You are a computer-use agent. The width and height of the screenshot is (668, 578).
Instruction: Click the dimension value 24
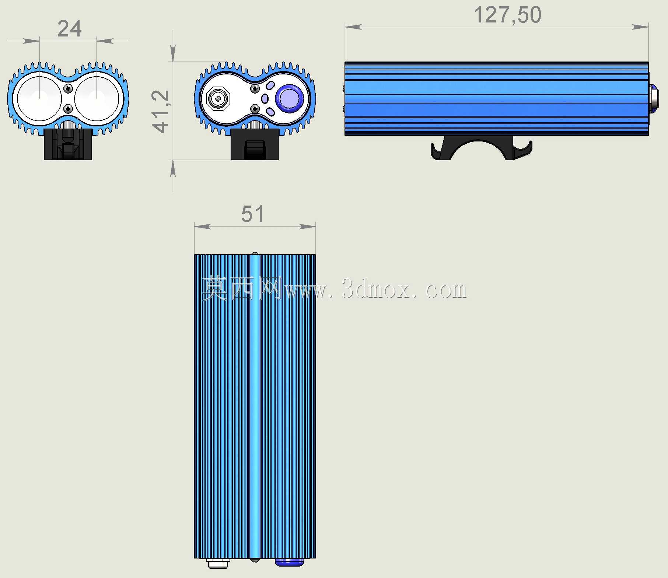coord(69,29)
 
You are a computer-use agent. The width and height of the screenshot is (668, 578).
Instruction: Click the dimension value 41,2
coord(160,111)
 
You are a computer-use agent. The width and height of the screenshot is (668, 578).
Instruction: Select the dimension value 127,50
coord(507,15)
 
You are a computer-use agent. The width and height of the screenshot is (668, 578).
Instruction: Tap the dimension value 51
coord(253,214)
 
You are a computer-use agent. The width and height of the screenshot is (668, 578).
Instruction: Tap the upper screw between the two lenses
coord(68,88)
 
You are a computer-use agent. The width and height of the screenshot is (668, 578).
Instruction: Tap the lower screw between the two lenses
coord(68,109)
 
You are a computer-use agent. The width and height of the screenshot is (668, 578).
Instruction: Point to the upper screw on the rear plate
coord(255,88)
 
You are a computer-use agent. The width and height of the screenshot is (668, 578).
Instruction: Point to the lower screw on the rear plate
coord(255,109)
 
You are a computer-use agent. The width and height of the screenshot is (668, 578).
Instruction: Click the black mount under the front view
coord(68,144)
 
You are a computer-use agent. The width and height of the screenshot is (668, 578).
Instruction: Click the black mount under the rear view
coord(255,144)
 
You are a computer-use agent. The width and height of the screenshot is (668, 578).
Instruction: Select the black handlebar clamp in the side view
coord(481,148)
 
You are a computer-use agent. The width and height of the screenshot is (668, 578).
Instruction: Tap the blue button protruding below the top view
coord(290,562)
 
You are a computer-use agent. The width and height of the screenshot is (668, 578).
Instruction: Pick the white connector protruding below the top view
coord(218,564)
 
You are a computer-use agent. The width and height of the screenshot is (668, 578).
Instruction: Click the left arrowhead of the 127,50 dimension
coord(353,27)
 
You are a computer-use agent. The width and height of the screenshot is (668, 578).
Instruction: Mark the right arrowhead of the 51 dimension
coord(307,226)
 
